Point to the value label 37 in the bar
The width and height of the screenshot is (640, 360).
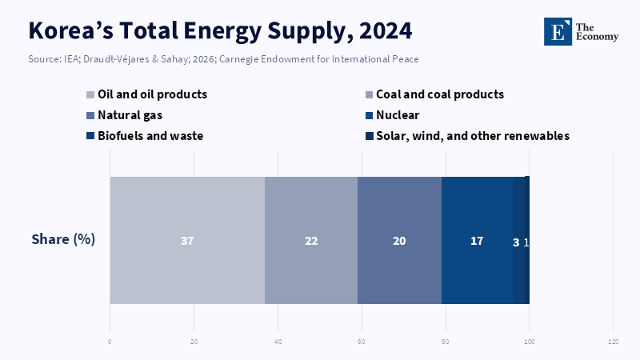click(187, 241)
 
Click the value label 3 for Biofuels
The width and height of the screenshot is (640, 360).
click(516, 242)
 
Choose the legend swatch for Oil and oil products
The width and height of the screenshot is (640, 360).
click(90, 94)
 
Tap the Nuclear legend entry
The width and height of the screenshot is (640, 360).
click(398, 115)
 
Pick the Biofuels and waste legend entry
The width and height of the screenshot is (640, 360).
click(150, 136)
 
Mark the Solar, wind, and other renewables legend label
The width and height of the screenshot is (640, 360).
click(473, 136)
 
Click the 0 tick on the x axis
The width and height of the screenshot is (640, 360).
click(110, 342)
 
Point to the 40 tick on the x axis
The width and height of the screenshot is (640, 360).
click(278, 342)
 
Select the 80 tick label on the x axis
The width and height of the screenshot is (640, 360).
click(445, 342)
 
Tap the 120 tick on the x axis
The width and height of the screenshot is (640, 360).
click(613, 342)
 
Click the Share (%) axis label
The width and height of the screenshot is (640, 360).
click(63, 239)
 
